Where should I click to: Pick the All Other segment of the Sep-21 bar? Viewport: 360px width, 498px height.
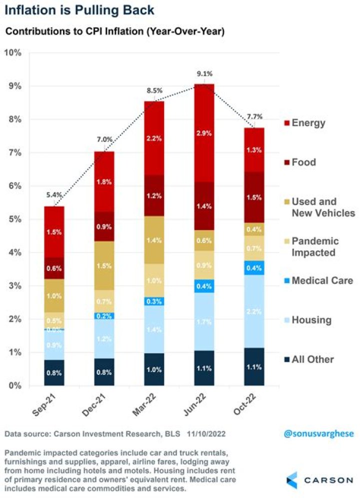pos(54,372)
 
